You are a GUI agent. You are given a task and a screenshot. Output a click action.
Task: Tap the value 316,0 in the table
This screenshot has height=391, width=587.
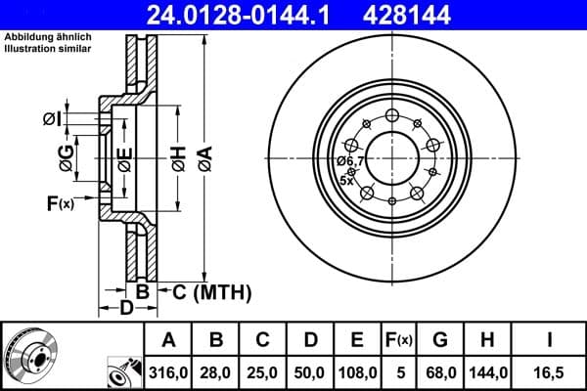(168, 371)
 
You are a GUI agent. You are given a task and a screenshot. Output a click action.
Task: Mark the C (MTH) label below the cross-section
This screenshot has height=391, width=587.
(212, 291)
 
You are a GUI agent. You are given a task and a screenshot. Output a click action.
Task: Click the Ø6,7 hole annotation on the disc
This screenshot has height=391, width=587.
(350, 160)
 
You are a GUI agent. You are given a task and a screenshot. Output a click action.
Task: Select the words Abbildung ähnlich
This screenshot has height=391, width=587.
(38, 38)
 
